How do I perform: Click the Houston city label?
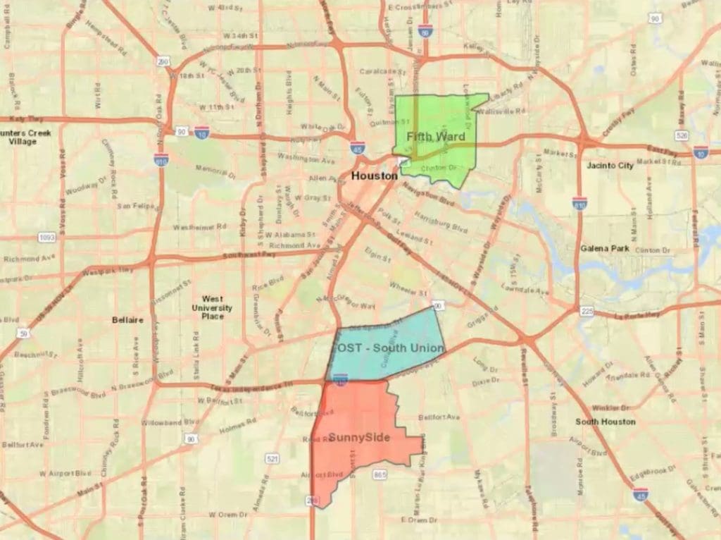[x=375, y=176]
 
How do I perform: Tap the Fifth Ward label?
[x=435, y=135]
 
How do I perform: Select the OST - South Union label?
[x=388, y=348]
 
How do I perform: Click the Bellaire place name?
[x=127, y=320]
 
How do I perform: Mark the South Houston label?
[x=605, y=422]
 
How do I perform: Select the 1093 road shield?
[x=47, y=238]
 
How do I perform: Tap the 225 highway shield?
[x=587, y=311]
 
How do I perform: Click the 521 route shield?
[x=272, y=460]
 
